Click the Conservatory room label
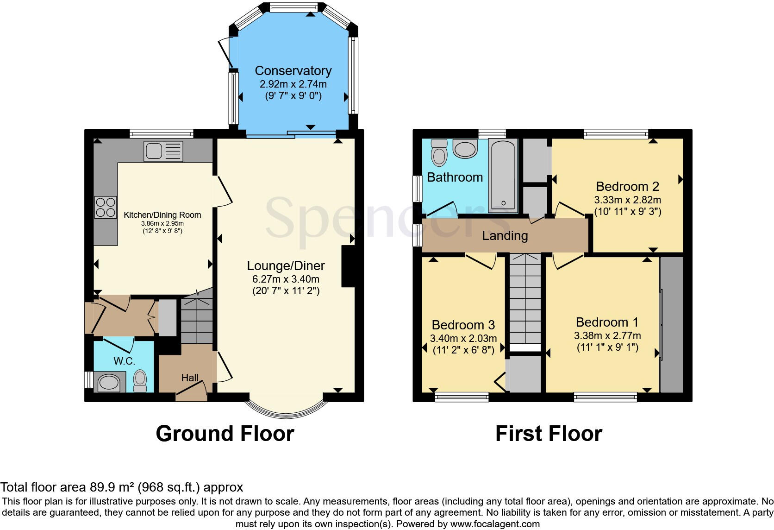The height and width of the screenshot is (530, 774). point(293,71)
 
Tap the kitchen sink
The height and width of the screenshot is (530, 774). point(163,151)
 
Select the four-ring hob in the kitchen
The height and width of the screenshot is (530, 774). point(105,207)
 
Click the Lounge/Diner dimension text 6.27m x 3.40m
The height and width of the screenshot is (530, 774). point(286,279)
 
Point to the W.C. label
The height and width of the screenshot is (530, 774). point(124,361)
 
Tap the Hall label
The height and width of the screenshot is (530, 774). point(190,378)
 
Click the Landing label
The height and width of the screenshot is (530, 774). point(505,236)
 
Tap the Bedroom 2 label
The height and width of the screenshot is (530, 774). point(627,187)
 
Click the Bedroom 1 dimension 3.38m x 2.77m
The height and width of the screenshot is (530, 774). point(607,336)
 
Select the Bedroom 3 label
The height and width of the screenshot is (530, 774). point(463,325)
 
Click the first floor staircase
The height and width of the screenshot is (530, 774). point(525,301)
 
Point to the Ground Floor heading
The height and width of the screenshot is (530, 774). point(225,434)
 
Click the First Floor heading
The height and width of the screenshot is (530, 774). point(549,434)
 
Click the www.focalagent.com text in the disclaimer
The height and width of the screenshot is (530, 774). point(495,524)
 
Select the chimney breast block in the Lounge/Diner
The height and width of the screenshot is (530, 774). point(348,266)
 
